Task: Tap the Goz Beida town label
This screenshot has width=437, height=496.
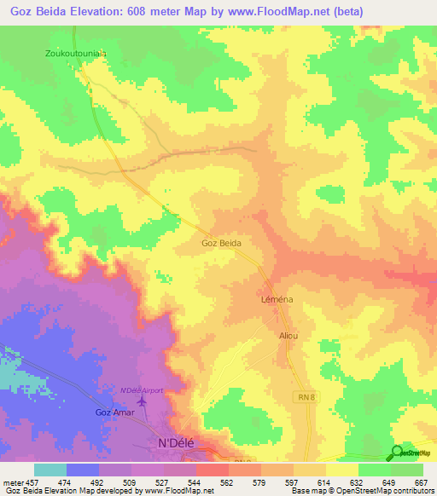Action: [221, 243]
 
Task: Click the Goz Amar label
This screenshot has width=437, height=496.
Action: [111, 412]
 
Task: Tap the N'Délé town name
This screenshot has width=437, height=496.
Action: [178, 442]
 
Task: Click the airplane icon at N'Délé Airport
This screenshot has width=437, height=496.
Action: [141, 401]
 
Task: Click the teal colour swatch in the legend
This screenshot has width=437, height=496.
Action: [50, 470]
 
